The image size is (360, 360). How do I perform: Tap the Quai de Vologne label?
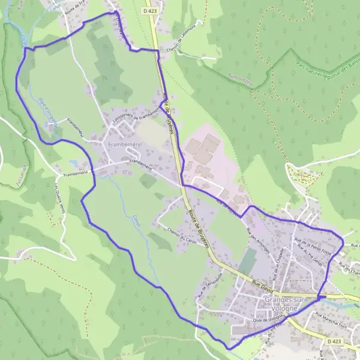(266, 320)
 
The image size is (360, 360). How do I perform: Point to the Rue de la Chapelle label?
(278, 260)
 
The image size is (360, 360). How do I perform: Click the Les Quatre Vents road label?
(58, 197)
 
